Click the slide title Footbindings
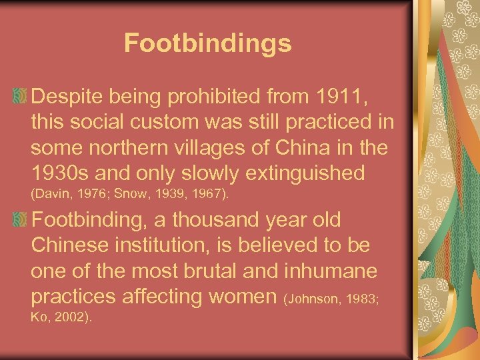(x=207, y=44)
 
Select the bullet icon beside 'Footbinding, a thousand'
(x=21, y=219)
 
